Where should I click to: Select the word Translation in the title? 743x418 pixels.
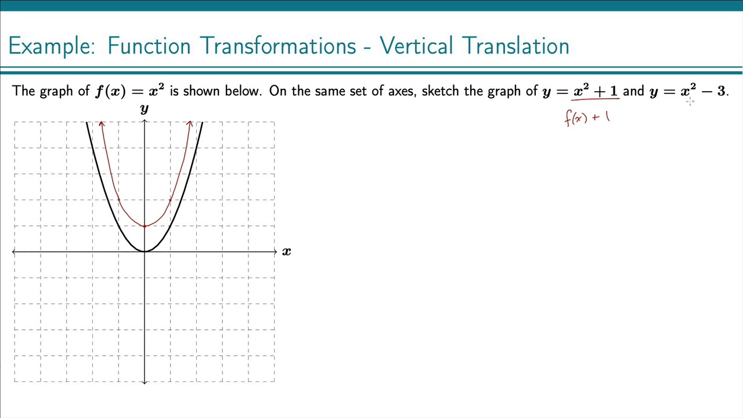click(513, 46)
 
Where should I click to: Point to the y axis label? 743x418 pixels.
click(144, 109)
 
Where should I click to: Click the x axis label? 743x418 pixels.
click(286, 251)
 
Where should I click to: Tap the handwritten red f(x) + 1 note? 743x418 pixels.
click(587, 118)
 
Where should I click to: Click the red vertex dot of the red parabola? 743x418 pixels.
click(145, 226)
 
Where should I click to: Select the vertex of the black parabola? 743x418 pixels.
click(145, 251)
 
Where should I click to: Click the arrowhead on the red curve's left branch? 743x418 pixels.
click(102, 124)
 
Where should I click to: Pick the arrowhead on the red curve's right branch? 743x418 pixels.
click(190, 124)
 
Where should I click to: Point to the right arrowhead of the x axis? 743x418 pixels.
click(275, 251)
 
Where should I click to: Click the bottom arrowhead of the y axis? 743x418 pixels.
click(145, 381)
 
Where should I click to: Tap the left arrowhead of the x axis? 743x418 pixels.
click(15, 251)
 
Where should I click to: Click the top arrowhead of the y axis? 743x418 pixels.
click(145, 121)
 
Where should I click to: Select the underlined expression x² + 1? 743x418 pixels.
click(596, 91)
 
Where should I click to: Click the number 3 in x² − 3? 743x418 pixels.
click(721, 91)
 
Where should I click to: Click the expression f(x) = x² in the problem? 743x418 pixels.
click(129, 91)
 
